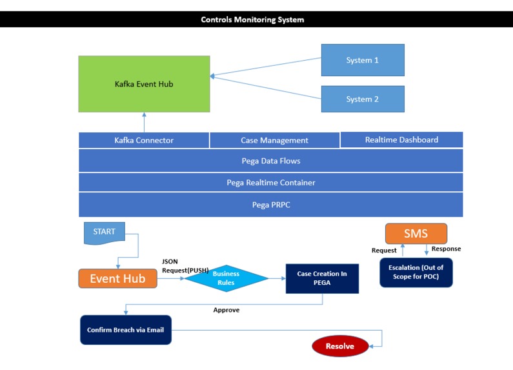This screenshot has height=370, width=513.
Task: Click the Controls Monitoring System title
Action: pyautogui.click(x=252, y=19)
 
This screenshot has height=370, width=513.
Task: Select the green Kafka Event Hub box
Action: pyautogui.click(x=144, y=84)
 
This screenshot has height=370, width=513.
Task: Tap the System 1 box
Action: pyautogui.click(x=363, y=60)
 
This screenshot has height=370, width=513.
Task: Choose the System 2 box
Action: pyautogui.click(x=363, y=99)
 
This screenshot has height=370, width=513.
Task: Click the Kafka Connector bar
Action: pyautogui.click(x=144, y=140)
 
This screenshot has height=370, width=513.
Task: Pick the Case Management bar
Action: pyautogui.click(x=274, y=140)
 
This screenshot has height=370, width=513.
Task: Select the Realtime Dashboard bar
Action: pyautogui.click(x=401, y=139)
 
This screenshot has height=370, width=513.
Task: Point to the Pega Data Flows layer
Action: pyautogui.click(x=270, y=160)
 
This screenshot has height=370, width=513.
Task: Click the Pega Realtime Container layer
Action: pyautogui.click(x=270, y=182)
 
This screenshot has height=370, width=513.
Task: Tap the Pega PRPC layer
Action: pyautogui.click(x=270, y=204)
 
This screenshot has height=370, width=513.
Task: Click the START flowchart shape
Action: pyautogui.click(x=105, y=233)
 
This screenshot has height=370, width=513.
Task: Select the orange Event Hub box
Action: pyautogui.click(x=117, y=278)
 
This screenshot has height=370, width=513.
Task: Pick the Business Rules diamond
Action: pyautogui.click(x=226, y=278)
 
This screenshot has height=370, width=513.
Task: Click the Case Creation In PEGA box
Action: pyautogui.click(x=322, y=278)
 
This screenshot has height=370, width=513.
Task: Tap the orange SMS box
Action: pyautogui.click(x=416, y=234)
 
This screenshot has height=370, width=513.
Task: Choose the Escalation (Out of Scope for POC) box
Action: pyautogui.click(x=416, y=272)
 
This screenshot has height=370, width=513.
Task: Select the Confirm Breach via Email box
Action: pyautogui.click(x=126, y=330)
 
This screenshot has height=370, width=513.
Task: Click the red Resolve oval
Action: pyautogui.click(x=339, y=346)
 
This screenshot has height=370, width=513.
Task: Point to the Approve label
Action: pyautogui.click(x=226, y=310)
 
